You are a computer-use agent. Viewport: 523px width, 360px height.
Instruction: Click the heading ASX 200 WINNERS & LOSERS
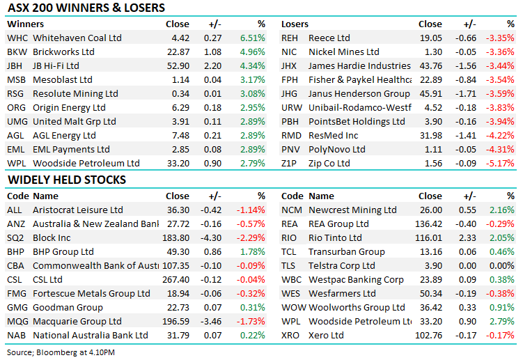pyautogui.click(x=86, y=8)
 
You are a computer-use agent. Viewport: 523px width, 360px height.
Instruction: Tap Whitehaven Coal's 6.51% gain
pyautogui.click(x=253, y=38)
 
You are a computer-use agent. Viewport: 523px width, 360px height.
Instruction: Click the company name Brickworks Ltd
pyautogui.click(x=64, y=52)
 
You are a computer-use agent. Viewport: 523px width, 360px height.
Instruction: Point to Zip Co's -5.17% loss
pyautogui.click(x=501, y=164)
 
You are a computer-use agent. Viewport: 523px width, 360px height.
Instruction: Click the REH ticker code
pyautogui.click(x=290, y=38)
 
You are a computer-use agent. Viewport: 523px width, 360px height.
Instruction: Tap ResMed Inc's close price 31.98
pyautogui.click(x=430, y=136)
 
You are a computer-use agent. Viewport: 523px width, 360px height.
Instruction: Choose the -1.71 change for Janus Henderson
pyautogui.click(x=466, y=94)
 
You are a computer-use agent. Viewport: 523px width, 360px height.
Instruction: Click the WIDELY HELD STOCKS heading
pyautogui.click(x=67, y=180)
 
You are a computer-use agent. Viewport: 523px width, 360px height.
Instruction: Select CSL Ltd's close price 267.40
pyautogui.click(x=175, y=279)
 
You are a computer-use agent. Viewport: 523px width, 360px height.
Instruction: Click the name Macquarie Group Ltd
pyautogui.click(x=77, y=321)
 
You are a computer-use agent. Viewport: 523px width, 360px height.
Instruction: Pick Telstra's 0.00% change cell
pyautogui.click(x=503, y=265)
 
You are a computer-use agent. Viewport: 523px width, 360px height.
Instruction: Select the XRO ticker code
pyautogui.click(x=290, y=335)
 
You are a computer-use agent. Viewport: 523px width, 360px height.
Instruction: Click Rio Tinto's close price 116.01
pyautogui.click(x=428, y=237)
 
